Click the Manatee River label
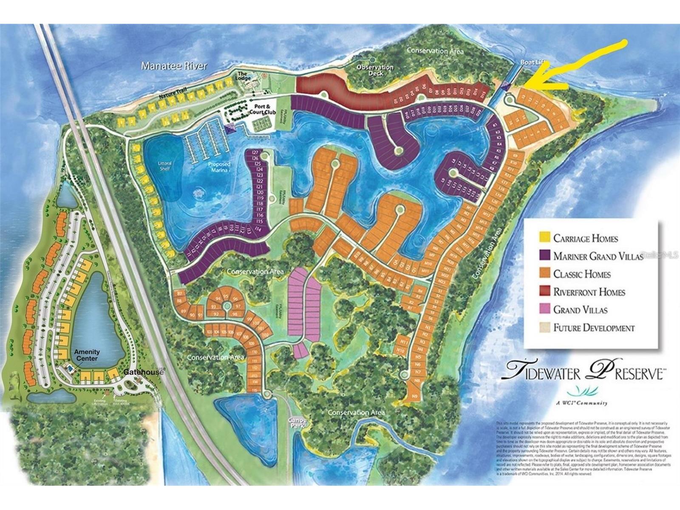(x=174, y=66)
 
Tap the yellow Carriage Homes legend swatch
(x=544, y=238)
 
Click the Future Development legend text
(x=594, y=328)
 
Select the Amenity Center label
(x=87, y=355)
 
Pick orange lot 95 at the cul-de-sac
(x=226, y=297)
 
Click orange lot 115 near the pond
(x=255, y=390)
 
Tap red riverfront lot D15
(x=482, y=94)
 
